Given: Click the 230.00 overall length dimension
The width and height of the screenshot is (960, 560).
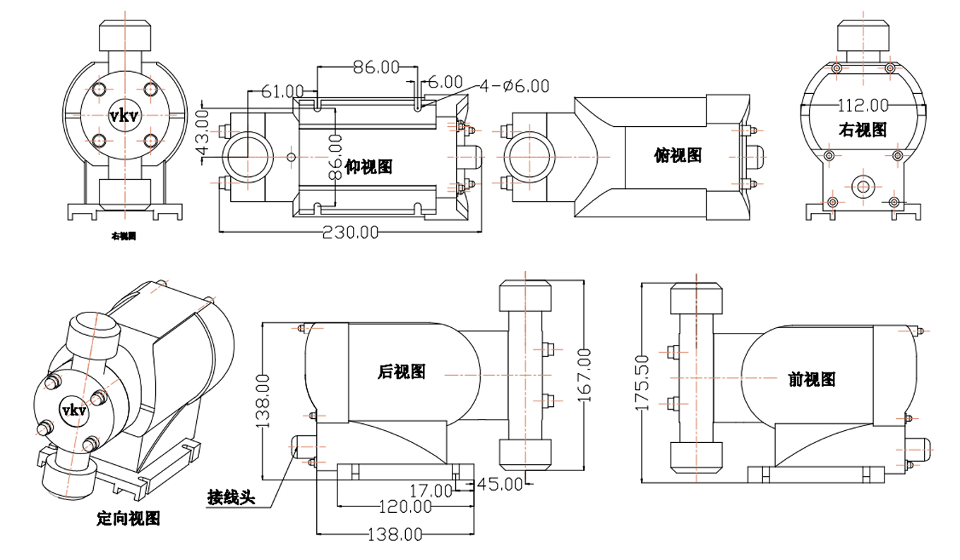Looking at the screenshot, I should pos(350,233).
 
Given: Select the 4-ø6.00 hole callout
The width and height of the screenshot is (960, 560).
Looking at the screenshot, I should pos(514,86).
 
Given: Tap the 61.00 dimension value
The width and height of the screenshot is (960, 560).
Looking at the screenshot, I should pos(282,92).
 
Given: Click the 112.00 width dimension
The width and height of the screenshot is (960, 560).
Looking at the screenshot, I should pos(863,106).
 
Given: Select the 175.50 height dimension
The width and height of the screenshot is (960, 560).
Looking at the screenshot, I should pos(642,382).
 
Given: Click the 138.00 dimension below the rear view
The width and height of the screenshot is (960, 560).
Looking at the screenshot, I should pos(394,535).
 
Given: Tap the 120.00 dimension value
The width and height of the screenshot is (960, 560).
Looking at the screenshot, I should pos(404,506).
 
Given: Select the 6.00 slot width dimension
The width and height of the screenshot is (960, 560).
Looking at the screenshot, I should pos(445,82).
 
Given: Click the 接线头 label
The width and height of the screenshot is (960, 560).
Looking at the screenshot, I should pos(230,497).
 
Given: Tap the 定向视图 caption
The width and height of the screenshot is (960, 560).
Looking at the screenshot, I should pos(128,519).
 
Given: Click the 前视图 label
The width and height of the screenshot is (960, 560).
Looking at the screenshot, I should pos(811,379).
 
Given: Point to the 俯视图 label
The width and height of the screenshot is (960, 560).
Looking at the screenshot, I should pos(678,156).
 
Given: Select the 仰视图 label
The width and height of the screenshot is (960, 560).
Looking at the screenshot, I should pos(368,167).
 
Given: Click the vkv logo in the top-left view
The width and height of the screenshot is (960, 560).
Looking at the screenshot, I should pos(123,114).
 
